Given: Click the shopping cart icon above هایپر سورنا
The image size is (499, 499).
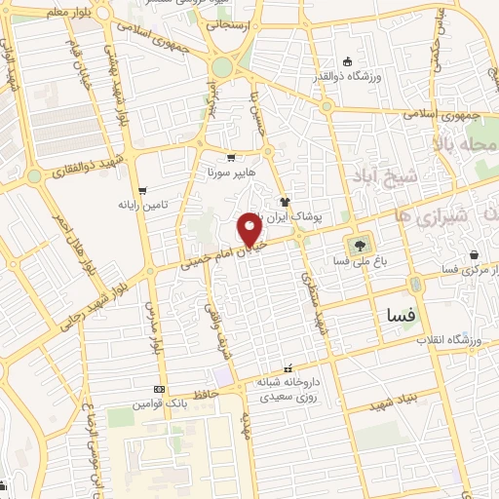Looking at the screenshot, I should click(231, 158).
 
